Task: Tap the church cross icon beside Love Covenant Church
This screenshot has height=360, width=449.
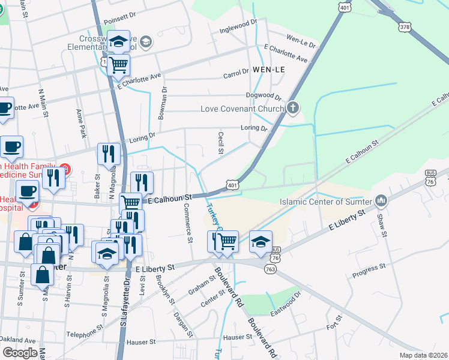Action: pos(292,109)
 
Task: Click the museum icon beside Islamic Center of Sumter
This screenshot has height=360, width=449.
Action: pos(380,200)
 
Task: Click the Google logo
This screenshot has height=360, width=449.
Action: pos(20,353)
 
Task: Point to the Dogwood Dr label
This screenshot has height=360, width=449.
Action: pos(264,96)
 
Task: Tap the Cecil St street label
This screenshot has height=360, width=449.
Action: pos(221,143)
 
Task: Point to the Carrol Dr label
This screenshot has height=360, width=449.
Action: pos(236,73)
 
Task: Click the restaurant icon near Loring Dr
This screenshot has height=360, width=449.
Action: pos(109,154)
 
